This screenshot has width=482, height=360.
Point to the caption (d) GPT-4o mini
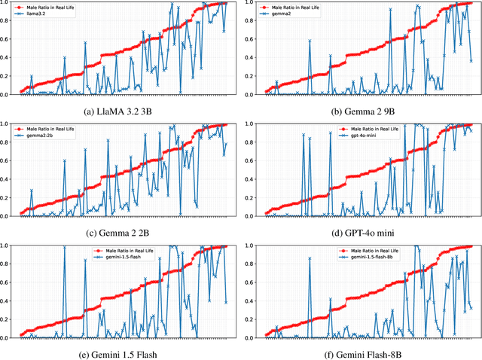tap(366, 233)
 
